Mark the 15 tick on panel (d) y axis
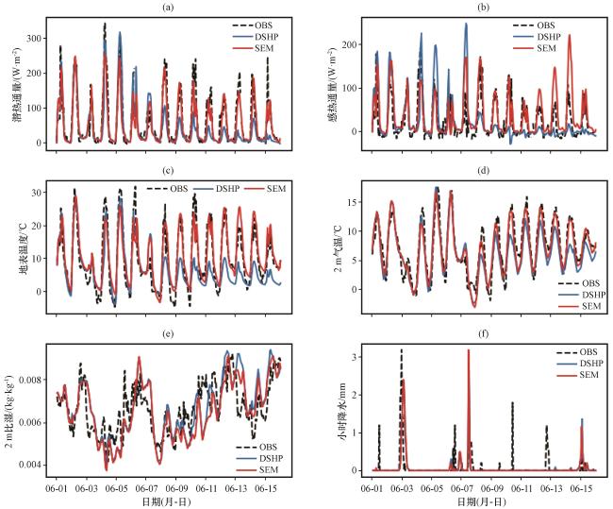click(x=355, y=202)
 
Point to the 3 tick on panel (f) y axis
click(x=357, y=357)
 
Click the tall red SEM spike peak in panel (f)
click(x=468, y=350)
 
